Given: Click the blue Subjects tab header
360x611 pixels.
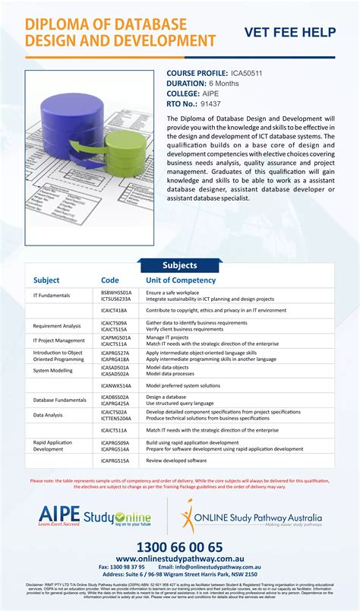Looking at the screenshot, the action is (180, 265).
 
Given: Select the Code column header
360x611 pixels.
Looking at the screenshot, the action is (110, 280).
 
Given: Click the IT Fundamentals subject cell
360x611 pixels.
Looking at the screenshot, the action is (52, 295).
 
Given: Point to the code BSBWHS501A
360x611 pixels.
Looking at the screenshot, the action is (116, 292).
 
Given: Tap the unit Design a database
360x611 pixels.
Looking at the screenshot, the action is (166, 397).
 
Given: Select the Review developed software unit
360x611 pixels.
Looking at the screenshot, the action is (176, 461).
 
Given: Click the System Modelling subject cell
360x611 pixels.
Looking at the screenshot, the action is (53, 370).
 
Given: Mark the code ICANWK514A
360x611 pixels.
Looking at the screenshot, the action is (116, 386).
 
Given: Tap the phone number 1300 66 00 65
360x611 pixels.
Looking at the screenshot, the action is (180, 547).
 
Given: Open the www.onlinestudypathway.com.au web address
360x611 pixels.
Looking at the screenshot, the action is (180, 559).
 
